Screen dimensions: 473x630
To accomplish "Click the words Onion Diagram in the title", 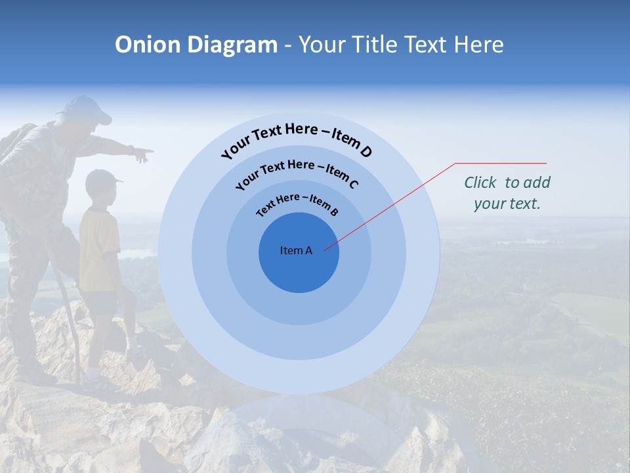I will (x=196, y=45).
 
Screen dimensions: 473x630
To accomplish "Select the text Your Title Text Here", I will (x=401, y=45).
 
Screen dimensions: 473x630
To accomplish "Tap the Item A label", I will (x=296, y=250).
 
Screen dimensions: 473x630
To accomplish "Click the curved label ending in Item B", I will (x=297, y=204).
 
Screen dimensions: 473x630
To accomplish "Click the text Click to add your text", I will (x=507, y=192).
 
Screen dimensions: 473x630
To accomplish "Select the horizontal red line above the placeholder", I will (x=501, y=163).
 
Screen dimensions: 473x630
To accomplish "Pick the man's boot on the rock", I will (x=36, y=375).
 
